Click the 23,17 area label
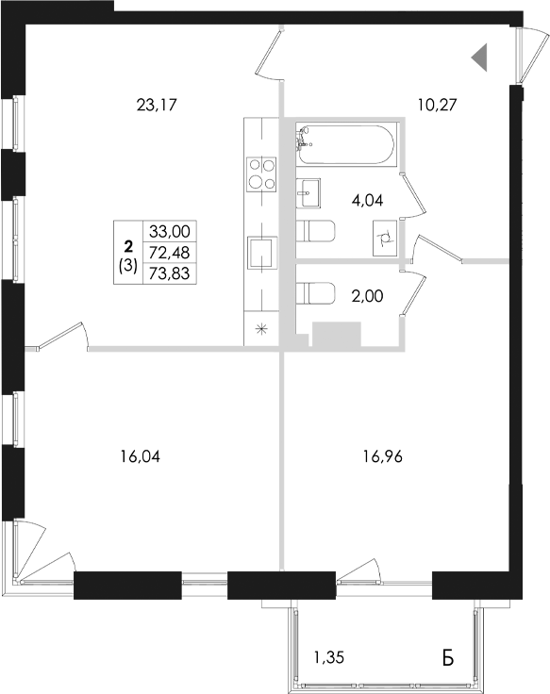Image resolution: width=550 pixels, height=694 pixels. coord(158,105)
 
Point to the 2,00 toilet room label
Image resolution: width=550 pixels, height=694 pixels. coord(369,294)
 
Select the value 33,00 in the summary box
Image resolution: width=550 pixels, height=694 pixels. coord(163,230)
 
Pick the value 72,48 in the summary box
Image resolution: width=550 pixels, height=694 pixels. coord(163,250)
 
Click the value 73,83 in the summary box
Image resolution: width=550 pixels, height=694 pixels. coord(163,270)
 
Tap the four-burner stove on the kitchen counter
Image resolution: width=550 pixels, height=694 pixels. coord(261,173)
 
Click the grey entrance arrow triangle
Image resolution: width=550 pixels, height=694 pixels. coord(480,58)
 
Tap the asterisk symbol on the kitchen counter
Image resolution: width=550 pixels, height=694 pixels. coord(261,329)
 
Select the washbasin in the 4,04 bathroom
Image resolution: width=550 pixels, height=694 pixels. coord(308,192)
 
